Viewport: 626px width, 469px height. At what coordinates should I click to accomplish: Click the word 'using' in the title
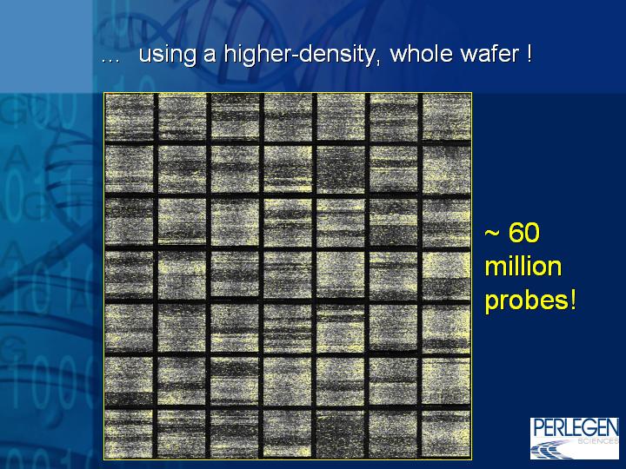167,54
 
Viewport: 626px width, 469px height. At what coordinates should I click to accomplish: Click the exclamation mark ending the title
529,53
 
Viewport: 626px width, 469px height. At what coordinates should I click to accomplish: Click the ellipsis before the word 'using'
110,60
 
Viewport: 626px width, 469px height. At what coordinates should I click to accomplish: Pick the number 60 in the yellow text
524,232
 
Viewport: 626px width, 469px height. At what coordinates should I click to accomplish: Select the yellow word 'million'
523,267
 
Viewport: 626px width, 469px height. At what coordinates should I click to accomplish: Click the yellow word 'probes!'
530,301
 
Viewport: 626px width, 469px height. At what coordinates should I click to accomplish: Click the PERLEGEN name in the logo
575,427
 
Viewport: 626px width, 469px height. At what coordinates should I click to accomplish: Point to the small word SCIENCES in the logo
598,441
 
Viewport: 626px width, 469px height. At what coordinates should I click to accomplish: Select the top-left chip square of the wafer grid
130,117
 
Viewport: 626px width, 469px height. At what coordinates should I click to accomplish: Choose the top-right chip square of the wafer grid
446,117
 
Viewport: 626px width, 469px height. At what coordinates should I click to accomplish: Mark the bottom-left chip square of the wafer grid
130,434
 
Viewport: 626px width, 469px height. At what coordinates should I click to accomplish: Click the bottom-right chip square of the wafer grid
446,434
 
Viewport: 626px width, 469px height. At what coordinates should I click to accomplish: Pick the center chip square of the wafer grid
288,275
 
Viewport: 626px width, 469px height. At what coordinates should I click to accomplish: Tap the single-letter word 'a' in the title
210,56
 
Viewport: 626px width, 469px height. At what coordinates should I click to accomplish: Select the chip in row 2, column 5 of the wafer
341,169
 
